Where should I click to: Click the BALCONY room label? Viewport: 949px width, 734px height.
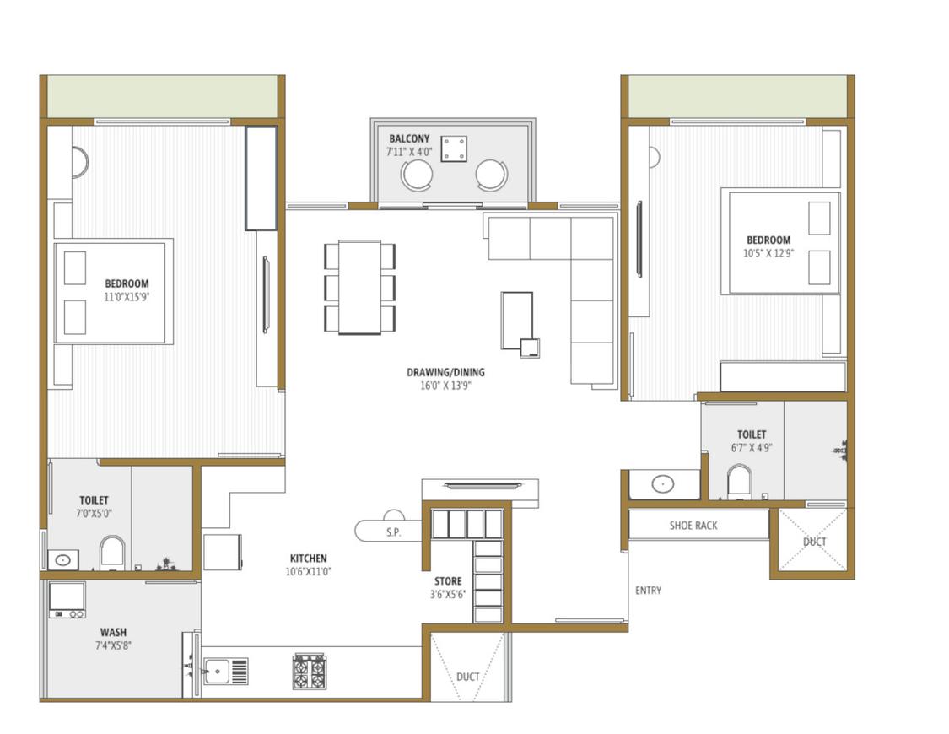[x=409, y=138]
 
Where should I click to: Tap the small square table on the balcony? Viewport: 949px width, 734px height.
[x=454, y=148]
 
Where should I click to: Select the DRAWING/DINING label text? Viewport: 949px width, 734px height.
[x=445, y=372]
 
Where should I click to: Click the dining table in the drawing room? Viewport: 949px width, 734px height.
[x=360, y=287]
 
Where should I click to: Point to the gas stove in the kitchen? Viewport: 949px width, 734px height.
[x=310, y=672]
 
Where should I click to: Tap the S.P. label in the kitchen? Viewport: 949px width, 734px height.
[x=392, y=532]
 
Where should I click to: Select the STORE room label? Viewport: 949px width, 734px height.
[x=448, y=581]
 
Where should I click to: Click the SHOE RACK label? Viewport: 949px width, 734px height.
[x=693, y=526]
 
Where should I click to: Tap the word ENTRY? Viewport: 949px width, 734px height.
[x=648, y=591]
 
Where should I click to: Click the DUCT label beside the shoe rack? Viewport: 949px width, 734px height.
[x=815, y=542]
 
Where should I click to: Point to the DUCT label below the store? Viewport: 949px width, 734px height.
[x=468, y=677]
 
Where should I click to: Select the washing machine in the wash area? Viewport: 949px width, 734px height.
[x=67, y=600]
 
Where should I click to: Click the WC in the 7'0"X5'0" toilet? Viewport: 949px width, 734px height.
[x=111, y=553]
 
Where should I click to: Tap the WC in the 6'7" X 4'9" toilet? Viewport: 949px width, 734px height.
[x=740, y=481]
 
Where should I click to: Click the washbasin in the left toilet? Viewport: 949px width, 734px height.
[x=62, y=559]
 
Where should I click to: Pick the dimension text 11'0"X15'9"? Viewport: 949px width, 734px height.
[x=127, y=297]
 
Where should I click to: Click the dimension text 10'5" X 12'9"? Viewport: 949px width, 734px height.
[x=768, y=253]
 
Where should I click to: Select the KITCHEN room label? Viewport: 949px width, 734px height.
[x=308, y=559]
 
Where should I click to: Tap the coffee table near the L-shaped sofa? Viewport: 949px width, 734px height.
[x=517, y=319]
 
